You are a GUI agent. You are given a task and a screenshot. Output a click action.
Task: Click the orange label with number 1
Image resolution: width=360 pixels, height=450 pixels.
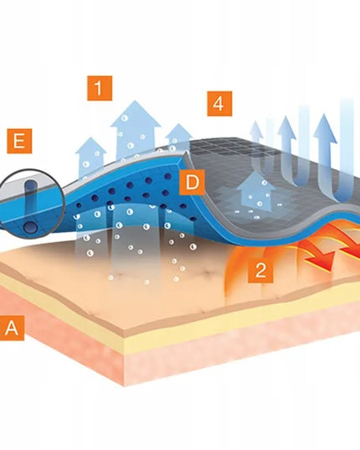point(100,88)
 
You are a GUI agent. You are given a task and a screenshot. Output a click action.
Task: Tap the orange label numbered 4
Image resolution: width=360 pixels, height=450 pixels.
point(219,104)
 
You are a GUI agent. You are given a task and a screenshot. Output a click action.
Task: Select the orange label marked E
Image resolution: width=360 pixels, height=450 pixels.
point(19,141)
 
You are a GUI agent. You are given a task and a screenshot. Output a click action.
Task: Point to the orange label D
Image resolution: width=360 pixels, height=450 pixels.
point(192,182)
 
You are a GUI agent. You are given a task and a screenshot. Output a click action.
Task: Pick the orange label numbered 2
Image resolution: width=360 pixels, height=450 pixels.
point(260,270)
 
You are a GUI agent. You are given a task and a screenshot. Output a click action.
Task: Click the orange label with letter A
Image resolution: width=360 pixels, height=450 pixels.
point(12,328)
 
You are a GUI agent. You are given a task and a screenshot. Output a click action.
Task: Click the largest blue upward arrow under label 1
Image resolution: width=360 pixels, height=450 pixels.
point(136,129)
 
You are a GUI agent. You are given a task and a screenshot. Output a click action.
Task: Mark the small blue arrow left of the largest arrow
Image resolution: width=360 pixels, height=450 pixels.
point(90,158)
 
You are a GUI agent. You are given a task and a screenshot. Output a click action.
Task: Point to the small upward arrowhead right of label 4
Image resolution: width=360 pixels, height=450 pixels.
point(256,130)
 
